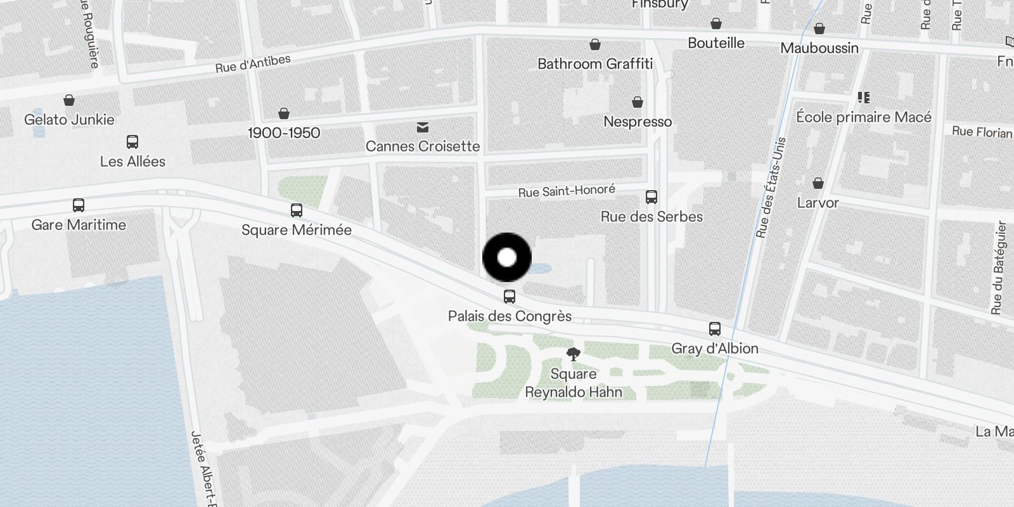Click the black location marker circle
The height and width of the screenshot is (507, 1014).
click(507, 257)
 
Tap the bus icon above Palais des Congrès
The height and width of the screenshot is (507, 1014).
click(510, 297)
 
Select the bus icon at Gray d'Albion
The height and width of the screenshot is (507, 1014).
click(715, 329)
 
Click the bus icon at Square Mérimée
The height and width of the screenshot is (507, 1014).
click(296, 210)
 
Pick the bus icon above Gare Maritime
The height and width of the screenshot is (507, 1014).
click(79, 205)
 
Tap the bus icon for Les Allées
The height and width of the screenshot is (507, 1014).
click(132, 142)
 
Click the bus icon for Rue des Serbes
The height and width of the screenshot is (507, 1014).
click(651, 197)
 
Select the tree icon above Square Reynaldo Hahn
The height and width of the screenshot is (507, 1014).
click(574, 354)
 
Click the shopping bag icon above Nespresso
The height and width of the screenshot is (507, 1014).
click(638, 102)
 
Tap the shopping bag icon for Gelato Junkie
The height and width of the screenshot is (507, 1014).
click(69, 100)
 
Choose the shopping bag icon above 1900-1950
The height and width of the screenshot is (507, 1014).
click(284, 113)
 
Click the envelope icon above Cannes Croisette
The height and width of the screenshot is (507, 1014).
click(423, 127)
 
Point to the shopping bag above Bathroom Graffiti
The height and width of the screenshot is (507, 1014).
click(595, 44)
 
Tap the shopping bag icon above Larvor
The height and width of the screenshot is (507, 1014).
click(818, 183)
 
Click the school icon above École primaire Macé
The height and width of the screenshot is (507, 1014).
click(863, 98)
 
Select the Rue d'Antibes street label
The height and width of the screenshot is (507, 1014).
click(253, 63)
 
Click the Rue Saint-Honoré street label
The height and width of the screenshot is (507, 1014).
click(567, 191)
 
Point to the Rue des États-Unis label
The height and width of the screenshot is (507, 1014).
click(771, 188)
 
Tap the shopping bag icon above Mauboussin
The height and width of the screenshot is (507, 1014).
click(819, 29)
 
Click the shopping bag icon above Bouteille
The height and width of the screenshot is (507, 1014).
click(716, 24)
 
